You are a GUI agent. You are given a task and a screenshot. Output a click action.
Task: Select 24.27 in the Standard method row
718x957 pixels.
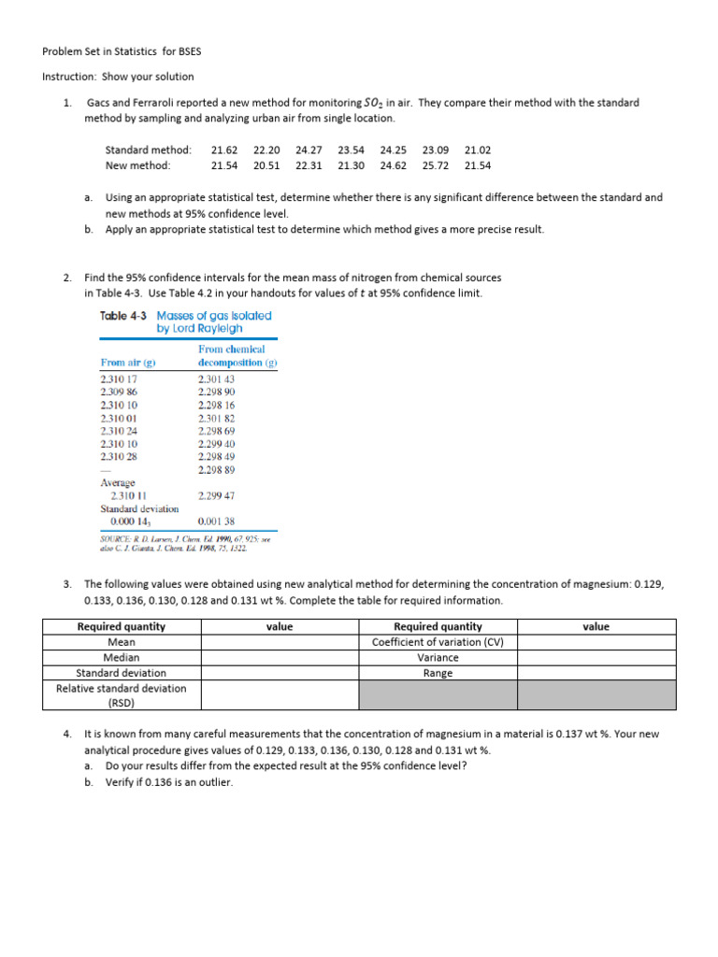click(x=309, y=150)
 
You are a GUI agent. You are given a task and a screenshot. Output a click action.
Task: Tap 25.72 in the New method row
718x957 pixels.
click(x=436, y=165)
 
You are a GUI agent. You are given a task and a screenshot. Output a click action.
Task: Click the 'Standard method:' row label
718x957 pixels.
click(x=148, y=150)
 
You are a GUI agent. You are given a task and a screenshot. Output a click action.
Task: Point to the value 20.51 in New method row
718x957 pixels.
click(x=266, y=165)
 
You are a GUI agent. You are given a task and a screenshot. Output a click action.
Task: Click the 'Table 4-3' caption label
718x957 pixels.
click(x=126, y=316)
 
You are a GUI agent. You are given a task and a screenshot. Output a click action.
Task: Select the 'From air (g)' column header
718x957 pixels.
click(x=125, y=363)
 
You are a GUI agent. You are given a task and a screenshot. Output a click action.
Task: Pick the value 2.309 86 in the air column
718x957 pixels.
click(x=119, y=393)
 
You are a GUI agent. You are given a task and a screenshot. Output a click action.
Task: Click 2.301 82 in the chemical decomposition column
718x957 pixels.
click(x=217, y=419)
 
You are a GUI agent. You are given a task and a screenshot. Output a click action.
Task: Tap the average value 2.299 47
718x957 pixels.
click(x=217, y=495)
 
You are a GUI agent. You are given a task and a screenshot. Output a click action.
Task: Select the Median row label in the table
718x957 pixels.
click(x=122, y=658)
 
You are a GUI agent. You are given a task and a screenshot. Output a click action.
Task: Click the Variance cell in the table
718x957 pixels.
click(x=438, y=658)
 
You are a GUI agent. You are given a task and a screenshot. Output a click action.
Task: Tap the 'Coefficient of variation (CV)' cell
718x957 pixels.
click(x=438, y=642)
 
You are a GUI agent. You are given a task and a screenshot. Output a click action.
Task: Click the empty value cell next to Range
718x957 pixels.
click(x=596, y=673)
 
